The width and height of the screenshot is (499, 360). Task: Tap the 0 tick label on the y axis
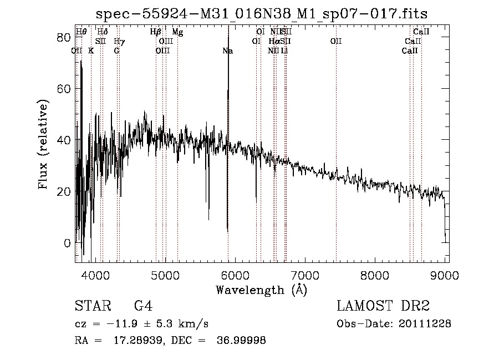pos(67,243)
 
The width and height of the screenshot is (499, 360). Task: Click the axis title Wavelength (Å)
pos(261,290)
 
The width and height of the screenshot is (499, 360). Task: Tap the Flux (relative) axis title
pos(44,143)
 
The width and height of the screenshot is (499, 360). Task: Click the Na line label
pos(227,51)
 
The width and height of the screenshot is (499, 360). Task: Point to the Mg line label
pos(177,32)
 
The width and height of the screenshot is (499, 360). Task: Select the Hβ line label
pos(156,32)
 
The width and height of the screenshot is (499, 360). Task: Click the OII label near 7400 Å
pos(336,42)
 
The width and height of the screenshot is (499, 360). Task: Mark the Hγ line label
pos(119,42)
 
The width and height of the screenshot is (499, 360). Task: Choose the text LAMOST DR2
pos(382,306)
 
